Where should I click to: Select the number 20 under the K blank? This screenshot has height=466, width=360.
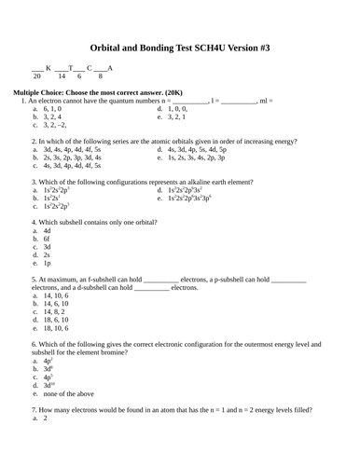click(37, 76)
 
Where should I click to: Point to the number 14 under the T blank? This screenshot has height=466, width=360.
click(62, 76)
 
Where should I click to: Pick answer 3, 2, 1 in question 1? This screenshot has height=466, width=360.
click(178, 116)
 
